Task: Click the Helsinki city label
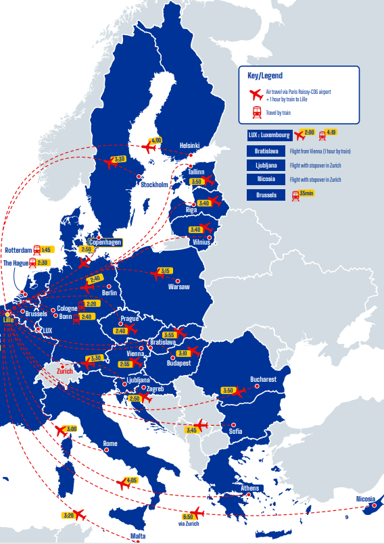pyautogui.click(x=191, y=145)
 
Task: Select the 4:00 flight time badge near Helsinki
pyautogui.click(x=156, y=141)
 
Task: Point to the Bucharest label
pyautogui.click(x=263, y=379)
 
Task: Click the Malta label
pyautogui.click(x=138, y=536)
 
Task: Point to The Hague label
pyautogui.click(x=17, y=262)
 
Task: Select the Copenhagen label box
pyautogui.click(x=105, y=242)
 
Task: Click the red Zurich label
pyautogui.click(x=65, y=371)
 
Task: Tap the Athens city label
pyautogui.click(x=250, y=488)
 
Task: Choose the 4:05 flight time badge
pyautogui.click(x=131, y=480)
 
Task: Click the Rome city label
pyautogui.click(x=110, y=444)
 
